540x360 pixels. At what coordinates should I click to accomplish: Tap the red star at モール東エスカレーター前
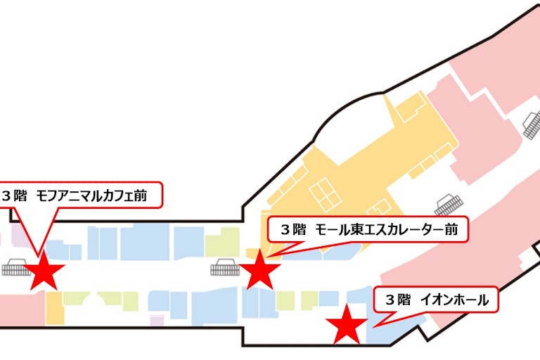tap(259, 269)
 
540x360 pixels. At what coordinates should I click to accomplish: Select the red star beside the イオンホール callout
tap(347, 324)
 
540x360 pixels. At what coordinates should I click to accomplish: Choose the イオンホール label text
tap(454, 300)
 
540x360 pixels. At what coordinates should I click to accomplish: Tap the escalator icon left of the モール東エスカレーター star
tap(225, 268)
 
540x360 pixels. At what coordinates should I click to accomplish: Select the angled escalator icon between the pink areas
tap(449, 205)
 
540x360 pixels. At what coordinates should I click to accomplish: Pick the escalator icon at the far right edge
tap(532, 127)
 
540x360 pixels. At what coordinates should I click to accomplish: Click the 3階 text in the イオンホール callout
tap(397, 300)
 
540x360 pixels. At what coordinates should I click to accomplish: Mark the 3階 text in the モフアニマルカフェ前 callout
tap(17, 195)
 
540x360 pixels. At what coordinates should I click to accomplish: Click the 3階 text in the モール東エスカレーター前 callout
tap(293, 230)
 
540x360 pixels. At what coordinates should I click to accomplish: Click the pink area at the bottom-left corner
tap(21, 309)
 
